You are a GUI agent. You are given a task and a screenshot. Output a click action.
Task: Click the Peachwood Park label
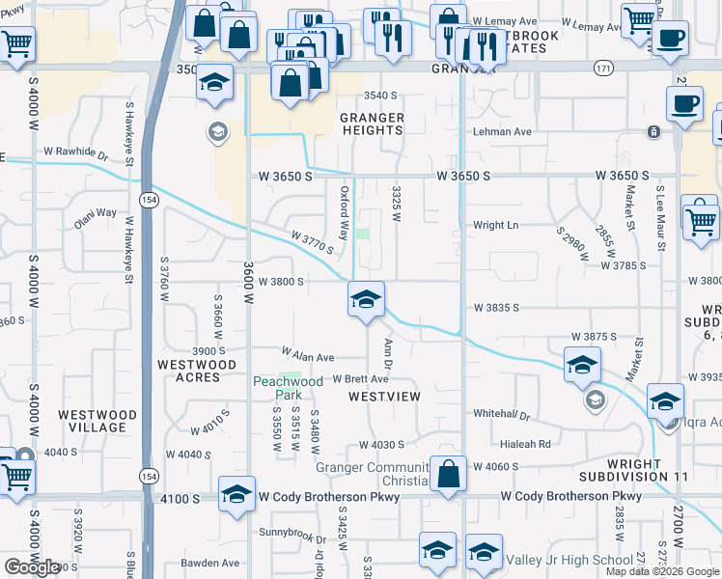coord(288,388)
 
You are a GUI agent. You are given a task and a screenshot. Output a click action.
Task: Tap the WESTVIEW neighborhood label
coord(383,397)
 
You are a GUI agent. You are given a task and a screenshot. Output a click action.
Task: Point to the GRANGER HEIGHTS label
coord(371,124)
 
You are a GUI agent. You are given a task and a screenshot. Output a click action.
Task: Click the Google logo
coord(32,567)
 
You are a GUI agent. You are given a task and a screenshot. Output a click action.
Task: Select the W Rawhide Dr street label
coord(76,152)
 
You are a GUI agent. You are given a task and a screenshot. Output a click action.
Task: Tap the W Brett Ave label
coord(360,379)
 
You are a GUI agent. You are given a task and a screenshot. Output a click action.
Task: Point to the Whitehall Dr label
coord(502,413)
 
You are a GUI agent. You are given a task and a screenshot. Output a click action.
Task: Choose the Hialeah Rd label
coord(526,444)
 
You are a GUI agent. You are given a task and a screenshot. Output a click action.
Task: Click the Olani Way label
coord(96,212)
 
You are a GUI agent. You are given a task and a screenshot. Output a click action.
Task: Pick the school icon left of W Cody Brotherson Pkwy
coord(236,495)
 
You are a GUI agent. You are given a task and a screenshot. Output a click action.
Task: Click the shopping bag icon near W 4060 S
coord(448,475)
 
